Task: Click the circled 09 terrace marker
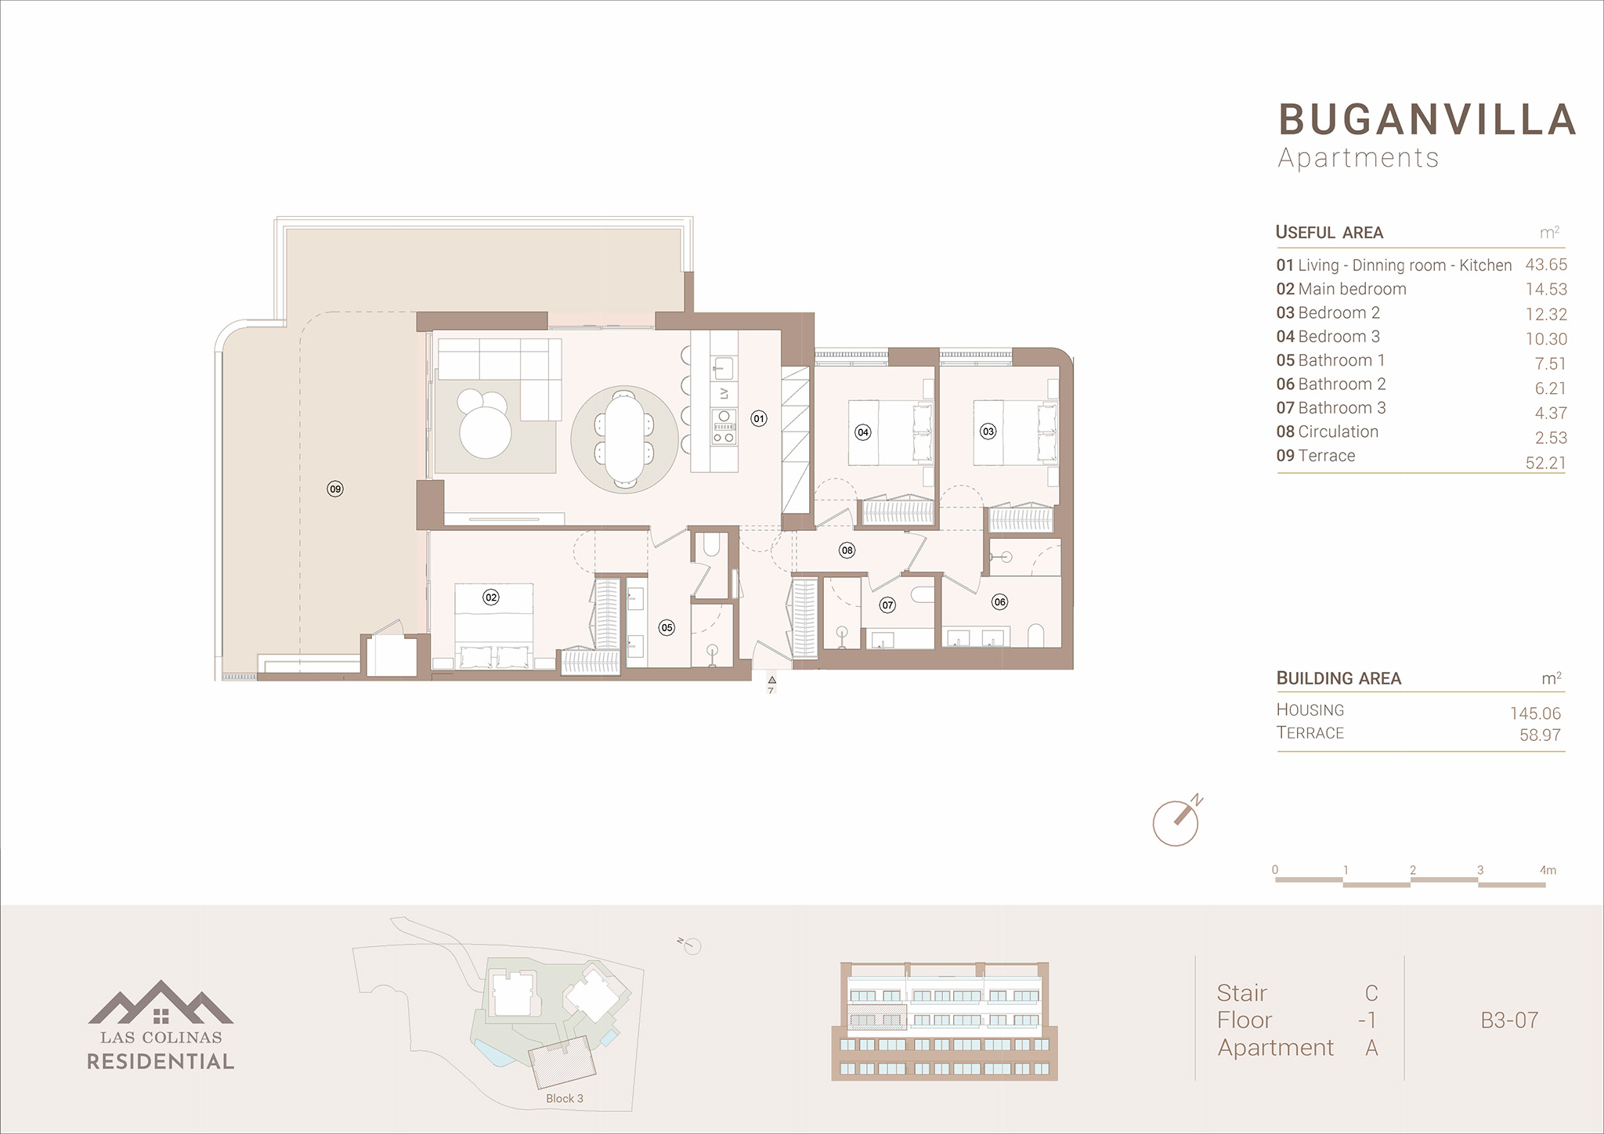tap(335, 489)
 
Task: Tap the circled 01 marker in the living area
tap(759, 419)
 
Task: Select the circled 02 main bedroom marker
tap(491, 598)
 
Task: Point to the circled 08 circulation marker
tap(847, 551)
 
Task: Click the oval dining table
tap(625, 439)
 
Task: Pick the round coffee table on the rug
tap(485, 432)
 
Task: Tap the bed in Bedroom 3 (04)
tap(891, 432)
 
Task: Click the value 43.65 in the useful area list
tap(1546, 265)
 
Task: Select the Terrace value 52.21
tap(1546, 463)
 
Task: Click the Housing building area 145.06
tap(1535, 713)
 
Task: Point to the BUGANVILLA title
tap(1427, 121)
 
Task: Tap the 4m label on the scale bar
tap(1548, 870)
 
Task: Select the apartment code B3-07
tap(1509, 1020)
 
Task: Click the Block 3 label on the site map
tap(565, 1099)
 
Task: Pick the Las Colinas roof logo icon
tap(161, 1002)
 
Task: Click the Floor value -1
tap(1367, 1020)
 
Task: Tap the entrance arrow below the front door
tap(771, 680)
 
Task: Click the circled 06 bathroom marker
tap(999, 602)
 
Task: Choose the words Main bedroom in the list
tap(1352, 289)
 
